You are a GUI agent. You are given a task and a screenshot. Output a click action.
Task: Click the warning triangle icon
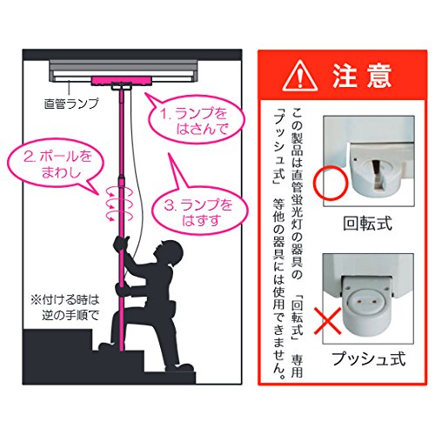(300, 77)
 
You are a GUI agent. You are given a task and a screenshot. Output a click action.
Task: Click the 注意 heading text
(362, 76)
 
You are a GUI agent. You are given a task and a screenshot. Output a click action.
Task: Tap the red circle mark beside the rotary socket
(330, 183)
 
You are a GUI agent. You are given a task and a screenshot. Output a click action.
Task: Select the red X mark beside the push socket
(328, 321)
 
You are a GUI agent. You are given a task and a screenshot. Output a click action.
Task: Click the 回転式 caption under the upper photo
(367, 224)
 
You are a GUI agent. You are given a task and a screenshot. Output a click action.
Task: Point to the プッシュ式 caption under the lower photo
(368, 358)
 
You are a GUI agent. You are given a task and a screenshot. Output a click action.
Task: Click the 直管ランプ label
(71, 104)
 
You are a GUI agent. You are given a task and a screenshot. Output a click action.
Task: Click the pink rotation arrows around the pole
(119, 204)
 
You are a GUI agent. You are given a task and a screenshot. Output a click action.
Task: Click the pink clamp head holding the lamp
(121, 81)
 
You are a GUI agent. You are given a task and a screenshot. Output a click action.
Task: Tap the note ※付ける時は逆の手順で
(65, 307)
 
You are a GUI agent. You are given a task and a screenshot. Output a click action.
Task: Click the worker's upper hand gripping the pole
(121, 243)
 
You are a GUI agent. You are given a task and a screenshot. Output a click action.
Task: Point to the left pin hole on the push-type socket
(360, 303)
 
